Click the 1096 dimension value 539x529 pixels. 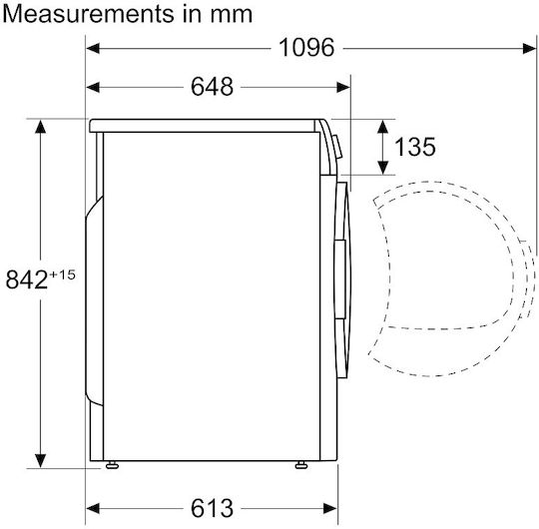coord(306,48)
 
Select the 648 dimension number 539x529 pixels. coord(212,87)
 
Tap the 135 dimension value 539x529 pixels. coord(415,147)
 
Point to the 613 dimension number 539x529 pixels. coord(212,508)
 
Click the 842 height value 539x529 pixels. coord(27,279)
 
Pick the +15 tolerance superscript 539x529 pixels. coord(62,274)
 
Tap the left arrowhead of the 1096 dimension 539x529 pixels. coord(93,49)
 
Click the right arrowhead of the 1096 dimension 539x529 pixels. coord(529,49)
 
